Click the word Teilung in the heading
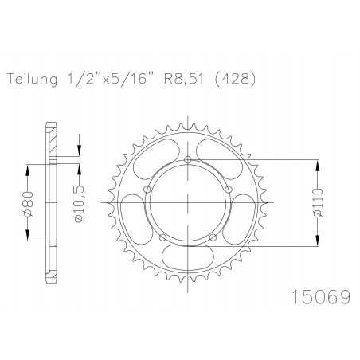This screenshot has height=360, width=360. pyautogui.click(x=32, y=80)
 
